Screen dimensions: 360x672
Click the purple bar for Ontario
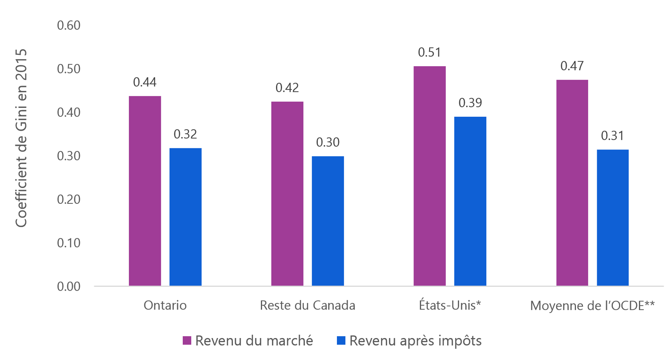pos(145,191)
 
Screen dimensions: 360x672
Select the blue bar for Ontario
pos(185,217)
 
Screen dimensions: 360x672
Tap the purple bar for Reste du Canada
pos(287,193)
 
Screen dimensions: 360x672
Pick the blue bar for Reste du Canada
pos(327,221)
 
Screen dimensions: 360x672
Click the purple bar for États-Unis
pos(429,176)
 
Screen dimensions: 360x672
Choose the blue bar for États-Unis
pos(470,201)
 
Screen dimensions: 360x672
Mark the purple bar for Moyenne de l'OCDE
pos(572,183)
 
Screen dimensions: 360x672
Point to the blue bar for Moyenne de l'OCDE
pos(612,218)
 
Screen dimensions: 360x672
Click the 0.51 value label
pos(429,52)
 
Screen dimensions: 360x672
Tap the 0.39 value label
pos(470,103)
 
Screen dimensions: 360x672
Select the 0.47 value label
pos(572,66)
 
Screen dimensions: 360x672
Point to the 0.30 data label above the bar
pos(327,142)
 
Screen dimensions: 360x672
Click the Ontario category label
pos(165,306)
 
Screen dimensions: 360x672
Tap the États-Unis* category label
pos(449,306)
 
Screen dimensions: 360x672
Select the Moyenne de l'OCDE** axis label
pos(592,306)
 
